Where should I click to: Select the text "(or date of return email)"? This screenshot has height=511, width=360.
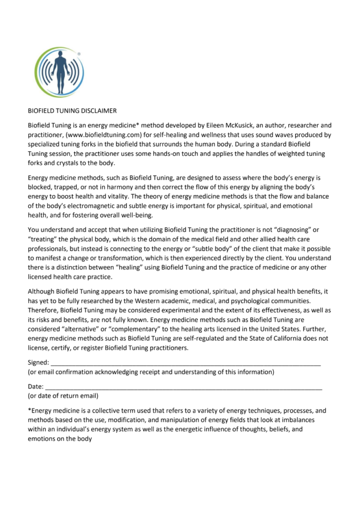63,396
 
